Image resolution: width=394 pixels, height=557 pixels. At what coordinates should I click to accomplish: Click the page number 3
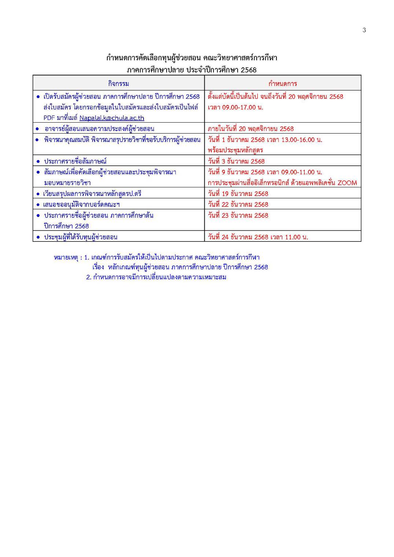click(x=364, y=30)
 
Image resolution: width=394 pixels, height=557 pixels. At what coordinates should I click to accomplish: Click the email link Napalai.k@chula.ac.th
click(x=112, y=118)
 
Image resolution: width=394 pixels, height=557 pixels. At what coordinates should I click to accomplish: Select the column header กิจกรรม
click(x=118, y=83)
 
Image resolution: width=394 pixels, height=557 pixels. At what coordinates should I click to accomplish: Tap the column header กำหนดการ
click(x=282, y=83)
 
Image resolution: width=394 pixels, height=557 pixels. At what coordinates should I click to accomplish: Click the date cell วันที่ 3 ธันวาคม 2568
click(x=236, y=161)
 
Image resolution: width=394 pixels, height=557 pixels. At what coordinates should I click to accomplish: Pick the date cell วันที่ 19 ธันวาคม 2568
click(x=238, y=194)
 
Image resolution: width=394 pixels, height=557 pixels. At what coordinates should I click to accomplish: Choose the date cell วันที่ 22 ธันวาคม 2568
click(x=238, y=204)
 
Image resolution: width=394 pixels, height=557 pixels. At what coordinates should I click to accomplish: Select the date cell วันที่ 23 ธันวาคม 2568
click(x=238, y=215)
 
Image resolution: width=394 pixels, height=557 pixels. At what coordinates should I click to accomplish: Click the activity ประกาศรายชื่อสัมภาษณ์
click(x=75, y=161)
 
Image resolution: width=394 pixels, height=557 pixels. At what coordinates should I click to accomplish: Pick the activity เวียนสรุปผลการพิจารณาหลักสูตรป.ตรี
click(x=92, y=194)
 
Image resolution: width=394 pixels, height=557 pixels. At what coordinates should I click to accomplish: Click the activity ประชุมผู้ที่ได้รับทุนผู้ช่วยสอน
click(x=81, y=237)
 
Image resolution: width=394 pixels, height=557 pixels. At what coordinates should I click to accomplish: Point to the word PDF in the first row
click(x=48, y=118)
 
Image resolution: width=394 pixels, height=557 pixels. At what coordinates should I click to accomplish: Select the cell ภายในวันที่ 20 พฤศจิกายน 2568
click(x=250, y=128)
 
